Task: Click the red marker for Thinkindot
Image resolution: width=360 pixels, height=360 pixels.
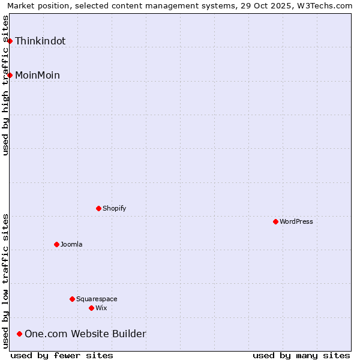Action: point(10,41)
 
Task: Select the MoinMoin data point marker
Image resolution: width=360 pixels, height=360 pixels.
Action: point(10,75)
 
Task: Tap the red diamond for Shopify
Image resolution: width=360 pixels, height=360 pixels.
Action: point(99,208)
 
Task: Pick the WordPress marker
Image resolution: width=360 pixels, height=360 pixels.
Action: point(275,221)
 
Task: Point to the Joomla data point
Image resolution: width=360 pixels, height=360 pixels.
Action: point(57,244)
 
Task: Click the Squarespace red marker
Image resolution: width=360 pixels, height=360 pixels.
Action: point(73,299)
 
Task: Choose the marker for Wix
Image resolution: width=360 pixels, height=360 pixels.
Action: point(91,308)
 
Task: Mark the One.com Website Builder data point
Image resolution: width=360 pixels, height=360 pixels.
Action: point(20,334)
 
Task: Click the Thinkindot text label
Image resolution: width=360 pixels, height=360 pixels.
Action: point(40,41)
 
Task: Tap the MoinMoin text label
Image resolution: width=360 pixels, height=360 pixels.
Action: point(37,75)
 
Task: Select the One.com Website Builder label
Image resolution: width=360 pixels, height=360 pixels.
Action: point(85,334)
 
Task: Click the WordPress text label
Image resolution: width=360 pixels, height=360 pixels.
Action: point(296,221)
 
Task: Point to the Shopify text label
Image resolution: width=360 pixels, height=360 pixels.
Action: point(114,208)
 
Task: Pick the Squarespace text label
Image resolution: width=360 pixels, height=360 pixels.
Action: point(97,299)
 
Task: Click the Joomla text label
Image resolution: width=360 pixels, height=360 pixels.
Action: point(71,244)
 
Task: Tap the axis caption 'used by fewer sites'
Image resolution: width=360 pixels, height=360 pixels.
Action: point(62,355)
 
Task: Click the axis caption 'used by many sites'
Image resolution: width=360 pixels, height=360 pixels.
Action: point(301,355)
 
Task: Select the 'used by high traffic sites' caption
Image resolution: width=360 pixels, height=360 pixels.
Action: point(6,85)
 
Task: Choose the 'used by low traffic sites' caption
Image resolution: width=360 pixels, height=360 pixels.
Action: point(6,281)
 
